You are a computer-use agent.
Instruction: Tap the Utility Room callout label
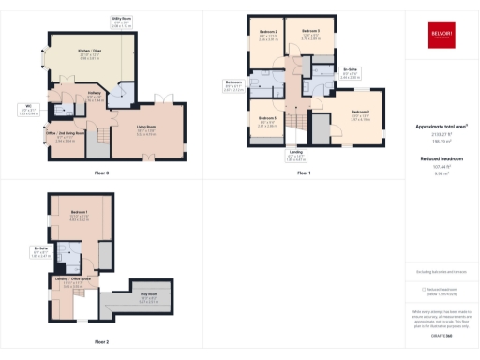(x=121, y=20)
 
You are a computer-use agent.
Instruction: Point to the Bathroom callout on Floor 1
(x=234, y=86)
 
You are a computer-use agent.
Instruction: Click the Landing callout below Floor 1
(x=296, y=156)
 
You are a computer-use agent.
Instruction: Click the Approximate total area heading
(x=441, y=126)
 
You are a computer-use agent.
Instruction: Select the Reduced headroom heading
(x=441, y=160)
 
